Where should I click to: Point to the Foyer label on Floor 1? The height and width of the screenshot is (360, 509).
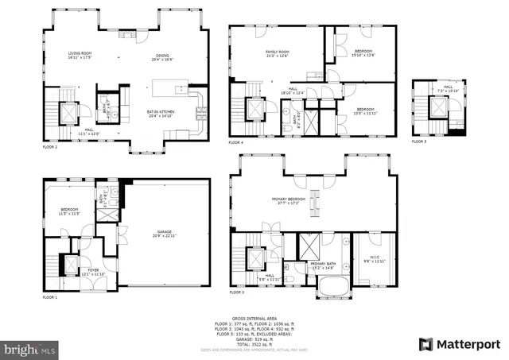click(93, 272)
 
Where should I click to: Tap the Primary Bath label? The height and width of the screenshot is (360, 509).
click(322, 265)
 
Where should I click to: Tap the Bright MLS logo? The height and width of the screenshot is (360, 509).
click(30, 348)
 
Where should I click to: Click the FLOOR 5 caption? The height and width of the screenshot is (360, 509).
click(420, 141)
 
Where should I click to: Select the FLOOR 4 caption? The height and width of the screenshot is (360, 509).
click(237, 142)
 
